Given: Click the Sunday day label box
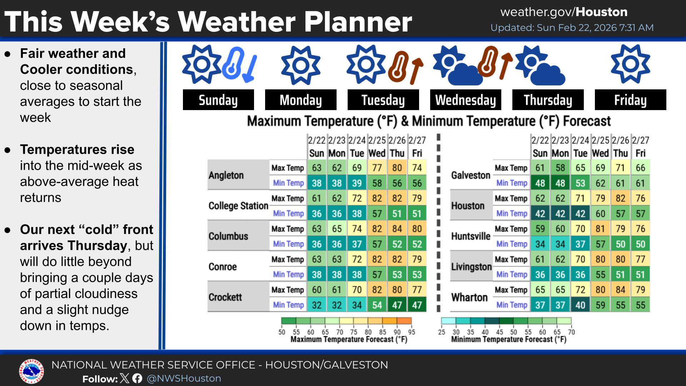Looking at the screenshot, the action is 218,100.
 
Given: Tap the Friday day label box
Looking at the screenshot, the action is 630,100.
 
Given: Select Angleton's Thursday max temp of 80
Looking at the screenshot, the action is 397,168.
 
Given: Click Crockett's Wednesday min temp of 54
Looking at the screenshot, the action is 377,305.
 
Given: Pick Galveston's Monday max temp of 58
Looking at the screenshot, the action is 560,168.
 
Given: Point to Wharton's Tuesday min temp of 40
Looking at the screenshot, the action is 580,305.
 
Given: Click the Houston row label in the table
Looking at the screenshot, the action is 468,206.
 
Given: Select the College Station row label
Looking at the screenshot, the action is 238,206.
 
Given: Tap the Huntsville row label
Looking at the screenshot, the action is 471,236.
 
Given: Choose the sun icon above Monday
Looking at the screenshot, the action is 300,65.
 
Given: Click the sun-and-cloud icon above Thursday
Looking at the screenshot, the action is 540,65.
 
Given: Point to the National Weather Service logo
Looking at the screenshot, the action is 31,372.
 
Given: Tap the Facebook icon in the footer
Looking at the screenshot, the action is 137,378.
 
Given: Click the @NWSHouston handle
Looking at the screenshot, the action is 184,378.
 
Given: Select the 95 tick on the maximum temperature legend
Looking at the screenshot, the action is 412,332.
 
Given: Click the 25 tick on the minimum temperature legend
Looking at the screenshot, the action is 442,332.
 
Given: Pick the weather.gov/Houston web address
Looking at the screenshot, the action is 564,12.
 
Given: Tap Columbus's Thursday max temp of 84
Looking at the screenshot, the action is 397,229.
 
